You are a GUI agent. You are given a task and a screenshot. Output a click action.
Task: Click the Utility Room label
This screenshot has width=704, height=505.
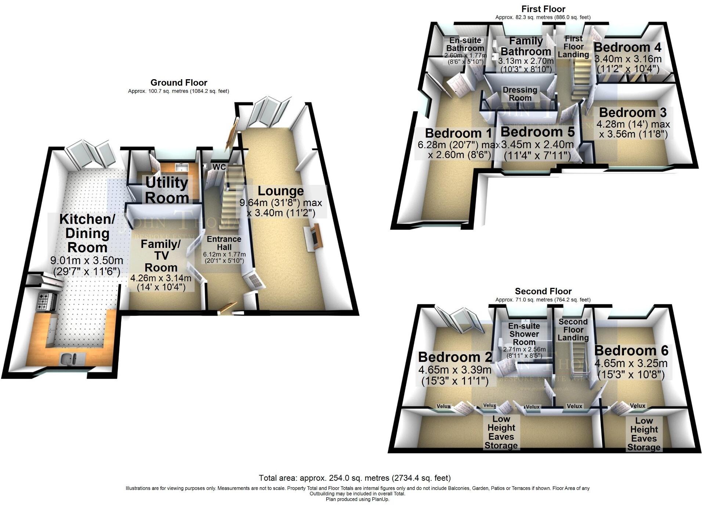coord(167,190)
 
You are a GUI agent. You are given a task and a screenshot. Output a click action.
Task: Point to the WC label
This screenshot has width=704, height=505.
coord(219,167)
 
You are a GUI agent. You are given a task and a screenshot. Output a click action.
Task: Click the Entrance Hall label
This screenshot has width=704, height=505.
coord(224,243)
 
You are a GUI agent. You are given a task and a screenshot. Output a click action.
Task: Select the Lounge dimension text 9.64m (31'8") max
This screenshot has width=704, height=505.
coord(281,202)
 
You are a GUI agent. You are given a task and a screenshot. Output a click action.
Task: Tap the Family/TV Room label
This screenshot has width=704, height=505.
coord(160,256)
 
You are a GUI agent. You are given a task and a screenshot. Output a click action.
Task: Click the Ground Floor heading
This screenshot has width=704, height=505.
coord(179,83)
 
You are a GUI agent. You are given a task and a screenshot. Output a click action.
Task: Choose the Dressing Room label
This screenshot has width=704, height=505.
coord(520,94)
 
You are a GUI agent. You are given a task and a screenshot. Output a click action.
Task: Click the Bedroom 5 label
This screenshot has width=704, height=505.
coord(537,132)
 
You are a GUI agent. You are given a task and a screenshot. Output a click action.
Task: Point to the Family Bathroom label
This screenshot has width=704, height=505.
coord(526,46)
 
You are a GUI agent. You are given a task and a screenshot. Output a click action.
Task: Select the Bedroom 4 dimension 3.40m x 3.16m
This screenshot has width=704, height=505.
coord(628,59)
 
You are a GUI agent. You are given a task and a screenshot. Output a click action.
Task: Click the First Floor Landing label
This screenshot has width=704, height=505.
coord(573,47)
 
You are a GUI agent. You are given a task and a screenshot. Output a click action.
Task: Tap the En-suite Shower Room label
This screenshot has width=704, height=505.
coord(524,334)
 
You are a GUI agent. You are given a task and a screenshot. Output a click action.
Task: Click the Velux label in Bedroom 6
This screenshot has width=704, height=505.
coord(638,406)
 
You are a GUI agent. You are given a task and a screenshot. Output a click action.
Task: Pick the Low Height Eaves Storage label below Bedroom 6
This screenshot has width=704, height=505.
coord(644,434)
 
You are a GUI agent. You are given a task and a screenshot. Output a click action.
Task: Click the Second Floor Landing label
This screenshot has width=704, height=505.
coord(573,329)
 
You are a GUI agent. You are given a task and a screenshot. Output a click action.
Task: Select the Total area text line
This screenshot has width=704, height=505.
coord(355,478)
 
